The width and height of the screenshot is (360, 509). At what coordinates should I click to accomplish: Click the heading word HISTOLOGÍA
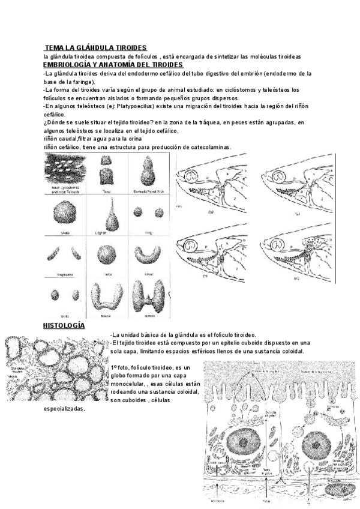pyautogui.click(x=64, y=326)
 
